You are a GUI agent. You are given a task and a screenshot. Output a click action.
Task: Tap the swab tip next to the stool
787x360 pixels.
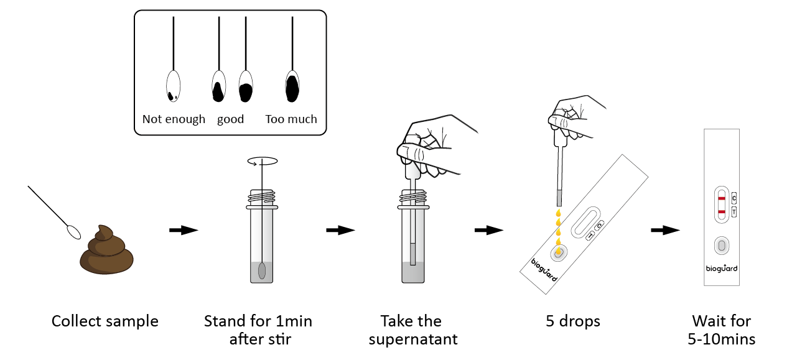coord(73,232)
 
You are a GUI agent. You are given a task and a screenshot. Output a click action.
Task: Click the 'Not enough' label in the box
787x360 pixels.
coord(174,119)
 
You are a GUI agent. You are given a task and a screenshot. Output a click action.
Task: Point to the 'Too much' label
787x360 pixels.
coord(291,119)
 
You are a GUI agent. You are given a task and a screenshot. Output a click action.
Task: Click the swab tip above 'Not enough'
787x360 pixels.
coord(173,86)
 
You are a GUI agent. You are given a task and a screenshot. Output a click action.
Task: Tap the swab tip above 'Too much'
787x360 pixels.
coord(292,86)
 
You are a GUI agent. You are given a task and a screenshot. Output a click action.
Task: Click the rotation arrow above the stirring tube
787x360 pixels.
coord(263,161)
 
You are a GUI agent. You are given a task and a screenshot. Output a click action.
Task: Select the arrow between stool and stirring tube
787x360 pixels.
coord(184,231)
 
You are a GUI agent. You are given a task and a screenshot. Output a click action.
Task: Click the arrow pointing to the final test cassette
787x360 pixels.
coord(666,231)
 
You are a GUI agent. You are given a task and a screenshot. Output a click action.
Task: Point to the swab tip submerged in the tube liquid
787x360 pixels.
coord(262,271)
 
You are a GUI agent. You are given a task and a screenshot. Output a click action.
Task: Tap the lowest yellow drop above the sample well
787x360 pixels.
coord(558,251)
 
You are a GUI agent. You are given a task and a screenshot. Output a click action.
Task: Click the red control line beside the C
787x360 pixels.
coord(722,199)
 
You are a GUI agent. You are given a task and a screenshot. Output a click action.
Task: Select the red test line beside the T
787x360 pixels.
coord(722,212)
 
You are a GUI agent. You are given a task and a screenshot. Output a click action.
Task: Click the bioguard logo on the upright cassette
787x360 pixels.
coord(722,269)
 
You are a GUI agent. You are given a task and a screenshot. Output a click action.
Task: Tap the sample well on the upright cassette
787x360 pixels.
coord(722,246)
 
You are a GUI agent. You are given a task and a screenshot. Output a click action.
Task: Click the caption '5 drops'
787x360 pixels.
coord(573,321)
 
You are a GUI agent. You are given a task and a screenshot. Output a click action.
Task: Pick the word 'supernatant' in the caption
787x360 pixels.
coord(413,339)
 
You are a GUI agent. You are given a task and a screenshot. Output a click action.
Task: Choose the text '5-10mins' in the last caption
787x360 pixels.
coord(722,339)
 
